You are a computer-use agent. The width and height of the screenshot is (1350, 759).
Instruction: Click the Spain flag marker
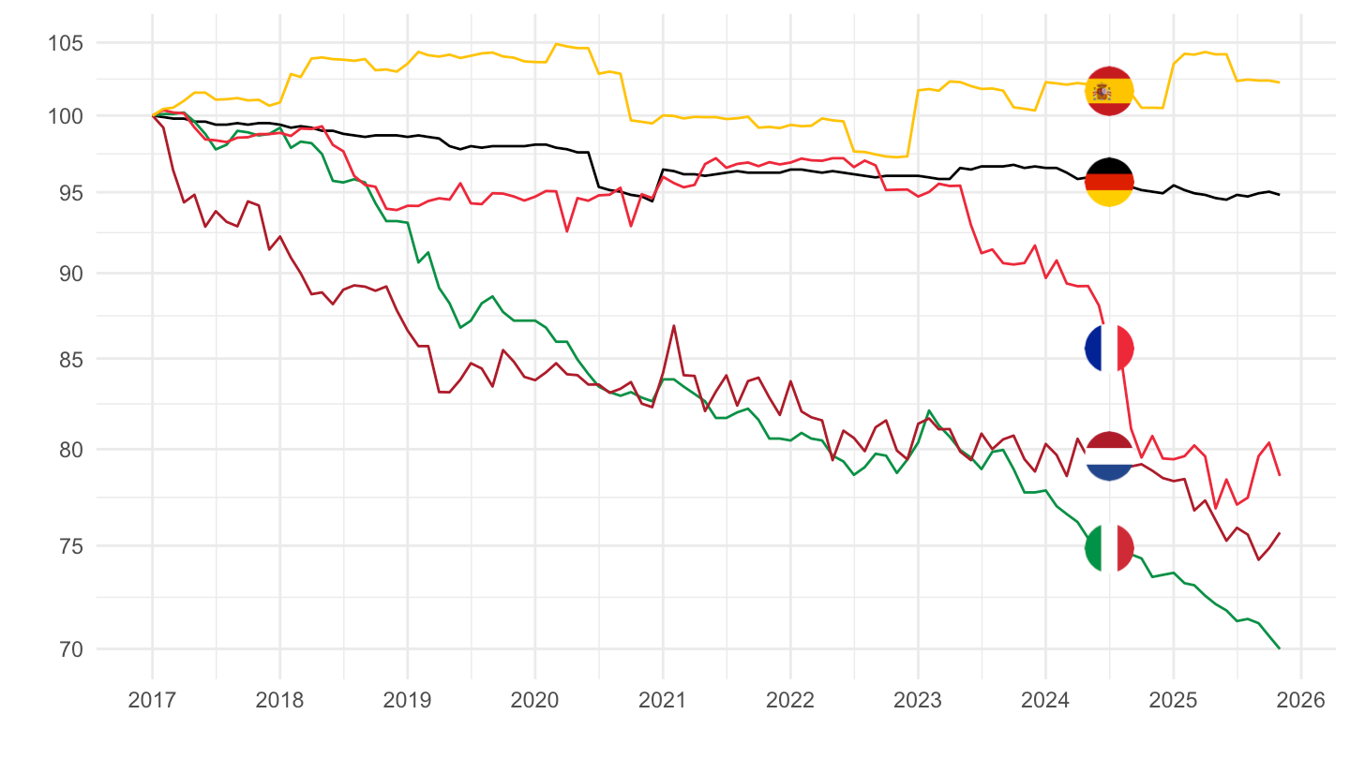pyautogui.click(x=1109, y=91)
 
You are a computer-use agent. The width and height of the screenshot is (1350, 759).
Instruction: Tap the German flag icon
pyautogui.click(x=1109, y=182)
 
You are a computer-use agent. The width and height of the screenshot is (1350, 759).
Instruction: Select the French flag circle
pyautogui.click(x=1109, y=348)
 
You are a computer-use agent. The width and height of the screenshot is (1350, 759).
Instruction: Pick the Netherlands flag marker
pyautogui.click(x=1109, y=455)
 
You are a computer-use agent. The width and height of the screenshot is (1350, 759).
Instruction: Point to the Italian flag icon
pyautogui.click(x=1109, y=547)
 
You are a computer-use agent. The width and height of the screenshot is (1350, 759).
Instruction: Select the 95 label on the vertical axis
pyautogui.click(x=67, y=193)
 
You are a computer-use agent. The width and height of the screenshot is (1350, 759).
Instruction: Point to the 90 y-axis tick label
pyautogui.click(x=67, y=274)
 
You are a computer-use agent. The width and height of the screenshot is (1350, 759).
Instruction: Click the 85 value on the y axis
pyautogui.click(x=67, y=360)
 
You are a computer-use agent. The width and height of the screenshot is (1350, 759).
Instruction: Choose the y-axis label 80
pyautogui.click(x=67, y=450)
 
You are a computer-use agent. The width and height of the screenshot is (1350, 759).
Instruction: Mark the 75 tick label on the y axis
pyautogui.click(x=67, y=546)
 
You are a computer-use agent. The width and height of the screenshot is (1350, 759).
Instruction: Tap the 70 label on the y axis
pyautogui.click(x=67, y=648)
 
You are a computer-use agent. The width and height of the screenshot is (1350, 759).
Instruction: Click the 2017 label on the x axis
pyautogui.click(x=152, y=700)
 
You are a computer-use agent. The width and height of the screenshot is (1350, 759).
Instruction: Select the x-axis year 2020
pyautogui.click(x=534, y=700)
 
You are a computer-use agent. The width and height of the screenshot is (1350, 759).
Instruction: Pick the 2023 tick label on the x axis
pyautogui.click(x=918, y=700)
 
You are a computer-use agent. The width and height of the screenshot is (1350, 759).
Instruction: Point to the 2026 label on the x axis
pyautogui.click(x=1300, y=700)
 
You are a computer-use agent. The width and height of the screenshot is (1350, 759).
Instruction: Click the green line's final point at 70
pyautogui.click(x=1279, y=647)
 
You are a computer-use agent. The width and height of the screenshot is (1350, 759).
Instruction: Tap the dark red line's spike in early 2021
pyautogui.click(x=674, y=326)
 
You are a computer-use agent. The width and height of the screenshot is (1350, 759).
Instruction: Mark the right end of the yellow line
pyautogui.click(x=1279, y=82)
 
